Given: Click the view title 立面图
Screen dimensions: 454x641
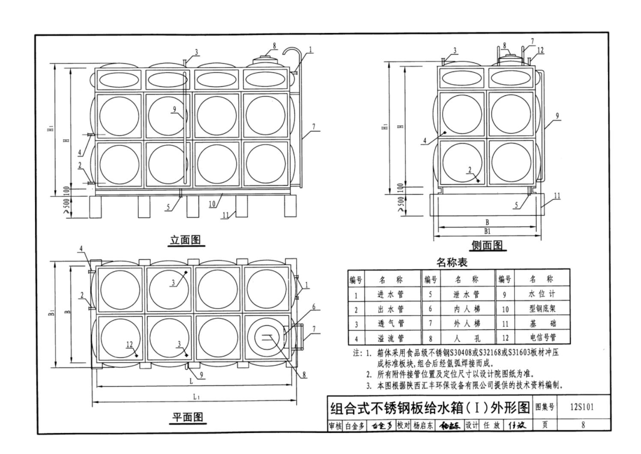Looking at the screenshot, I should (x=186, y=240).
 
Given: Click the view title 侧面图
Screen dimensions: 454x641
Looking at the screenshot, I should (x=487, y=245).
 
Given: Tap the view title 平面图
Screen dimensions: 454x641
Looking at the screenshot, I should (x=188, y=417).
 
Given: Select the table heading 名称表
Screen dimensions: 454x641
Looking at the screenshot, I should (x=452, y=262).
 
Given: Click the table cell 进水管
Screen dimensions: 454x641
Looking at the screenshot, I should (x=390, y=295).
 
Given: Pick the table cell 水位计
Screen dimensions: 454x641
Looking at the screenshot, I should (x=542, y=294).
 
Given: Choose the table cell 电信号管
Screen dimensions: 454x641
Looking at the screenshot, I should (x=542, y=338).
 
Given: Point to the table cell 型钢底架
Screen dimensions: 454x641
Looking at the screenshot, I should (x=542, y=309).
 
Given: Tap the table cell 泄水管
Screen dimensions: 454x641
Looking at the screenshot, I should (x=467, y=295).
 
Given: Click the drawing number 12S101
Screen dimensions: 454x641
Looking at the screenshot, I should (x=582, y=407).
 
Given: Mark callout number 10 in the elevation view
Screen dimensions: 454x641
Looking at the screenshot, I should (x=213, y=203).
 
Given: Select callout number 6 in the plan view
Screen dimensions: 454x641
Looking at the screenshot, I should (x=314, y=307).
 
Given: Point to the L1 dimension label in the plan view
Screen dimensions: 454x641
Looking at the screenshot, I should (x=196, y=397).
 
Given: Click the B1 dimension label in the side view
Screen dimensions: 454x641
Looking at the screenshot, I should (x=487, y=231).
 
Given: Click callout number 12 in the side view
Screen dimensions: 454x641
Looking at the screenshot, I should (x=540, y=50).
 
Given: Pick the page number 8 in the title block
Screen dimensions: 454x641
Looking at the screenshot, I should (x=583, y=425).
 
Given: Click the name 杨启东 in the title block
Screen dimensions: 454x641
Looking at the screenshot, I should (x=423, y=425).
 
